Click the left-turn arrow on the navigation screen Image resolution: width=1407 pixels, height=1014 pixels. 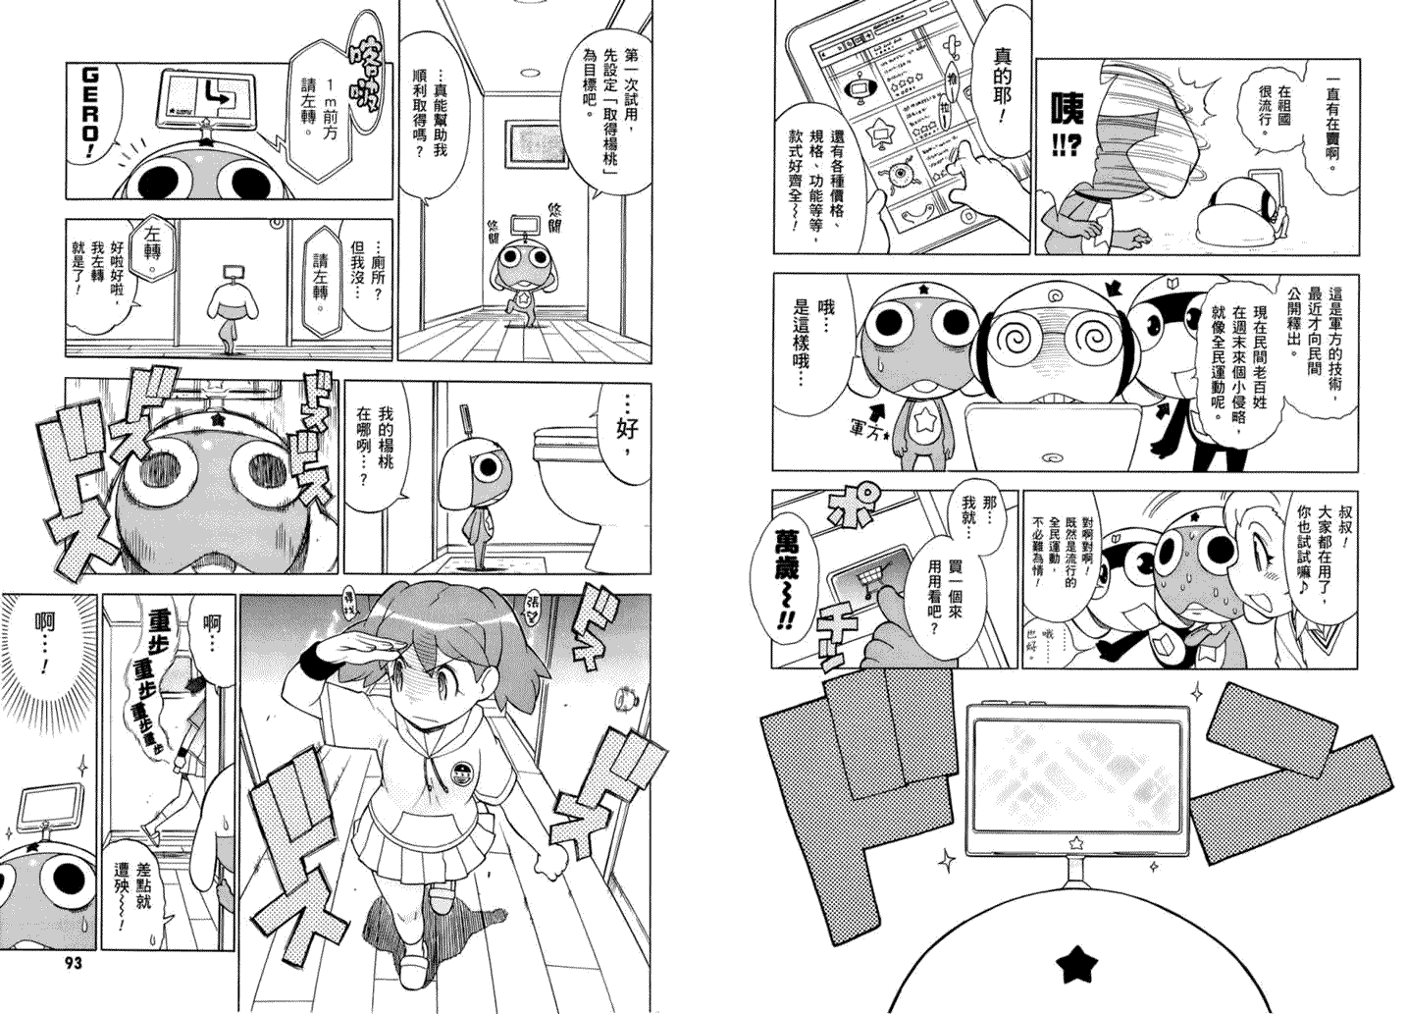click(x=207, y=95)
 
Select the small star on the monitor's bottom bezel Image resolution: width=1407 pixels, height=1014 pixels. click(x=1076, y=842)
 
